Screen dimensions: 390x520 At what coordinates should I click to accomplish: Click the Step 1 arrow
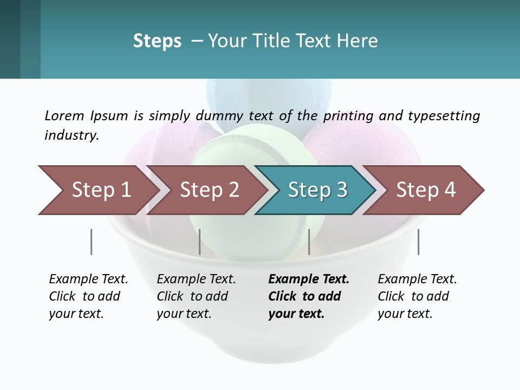pyautogui.click(x=97, y=190)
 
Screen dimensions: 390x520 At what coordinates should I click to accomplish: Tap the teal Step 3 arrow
pyautogui.click(x=317, y=190)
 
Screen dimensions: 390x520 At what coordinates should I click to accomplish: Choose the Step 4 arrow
pyautogui.click(x=425, y=190)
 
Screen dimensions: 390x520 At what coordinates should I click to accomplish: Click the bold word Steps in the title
pyautogui.click(x=157, y=41)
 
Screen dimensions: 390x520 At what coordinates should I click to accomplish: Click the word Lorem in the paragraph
pyautogui.click(x=64, y=116)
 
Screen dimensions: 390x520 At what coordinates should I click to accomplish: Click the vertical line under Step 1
pyautogui.click(x=91, y=242)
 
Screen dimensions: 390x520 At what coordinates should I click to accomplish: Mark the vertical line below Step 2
pyautogui.click(x=200, y=242)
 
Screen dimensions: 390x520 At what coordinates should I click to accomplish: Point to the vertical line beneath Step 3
pyautogui.click(x=309, y=242)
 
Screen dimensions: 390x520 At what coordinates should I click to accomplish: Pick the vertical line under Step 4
pyautogui.click(x=418, y=242)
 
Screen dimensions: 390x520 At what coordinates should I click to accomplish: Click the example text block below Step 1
pyautogui.click(x=88, y=296)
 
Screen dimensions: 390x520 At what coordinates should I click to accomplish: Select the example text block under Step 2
pyautogui.click(x=196, y=296)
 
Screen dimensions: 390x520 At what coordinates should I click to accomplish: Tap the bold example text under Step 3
pyautogui.click(x=309, y=296)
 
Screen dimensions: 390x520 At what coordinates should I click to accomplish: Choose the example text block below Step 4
pyautogui.click(x=417, y=296)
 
